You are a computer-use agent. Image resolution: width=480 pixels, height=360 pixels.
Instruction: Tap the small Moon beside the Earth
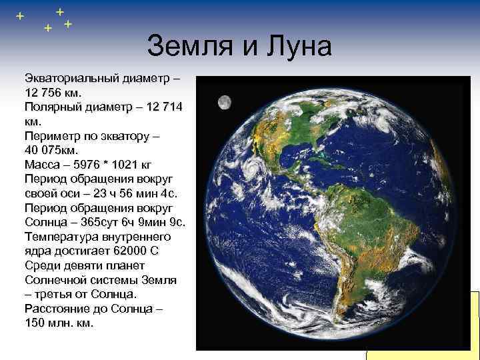[225, 103]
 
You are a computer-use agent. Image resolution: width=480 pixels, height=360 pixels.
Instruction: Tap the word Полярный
[52, 107]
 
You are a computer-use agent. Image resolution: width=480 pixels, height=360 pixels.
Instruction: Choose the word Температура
[61, 237]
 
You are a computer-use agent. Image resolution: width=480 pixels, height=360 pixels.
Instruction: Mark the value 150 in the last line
[35, 323]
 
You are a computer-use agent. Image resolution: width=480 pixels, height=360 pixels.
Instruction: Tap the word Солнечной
[55, 280]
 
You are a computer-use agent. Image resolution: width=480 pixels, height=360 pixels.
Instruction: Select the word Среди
[41, 265]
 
